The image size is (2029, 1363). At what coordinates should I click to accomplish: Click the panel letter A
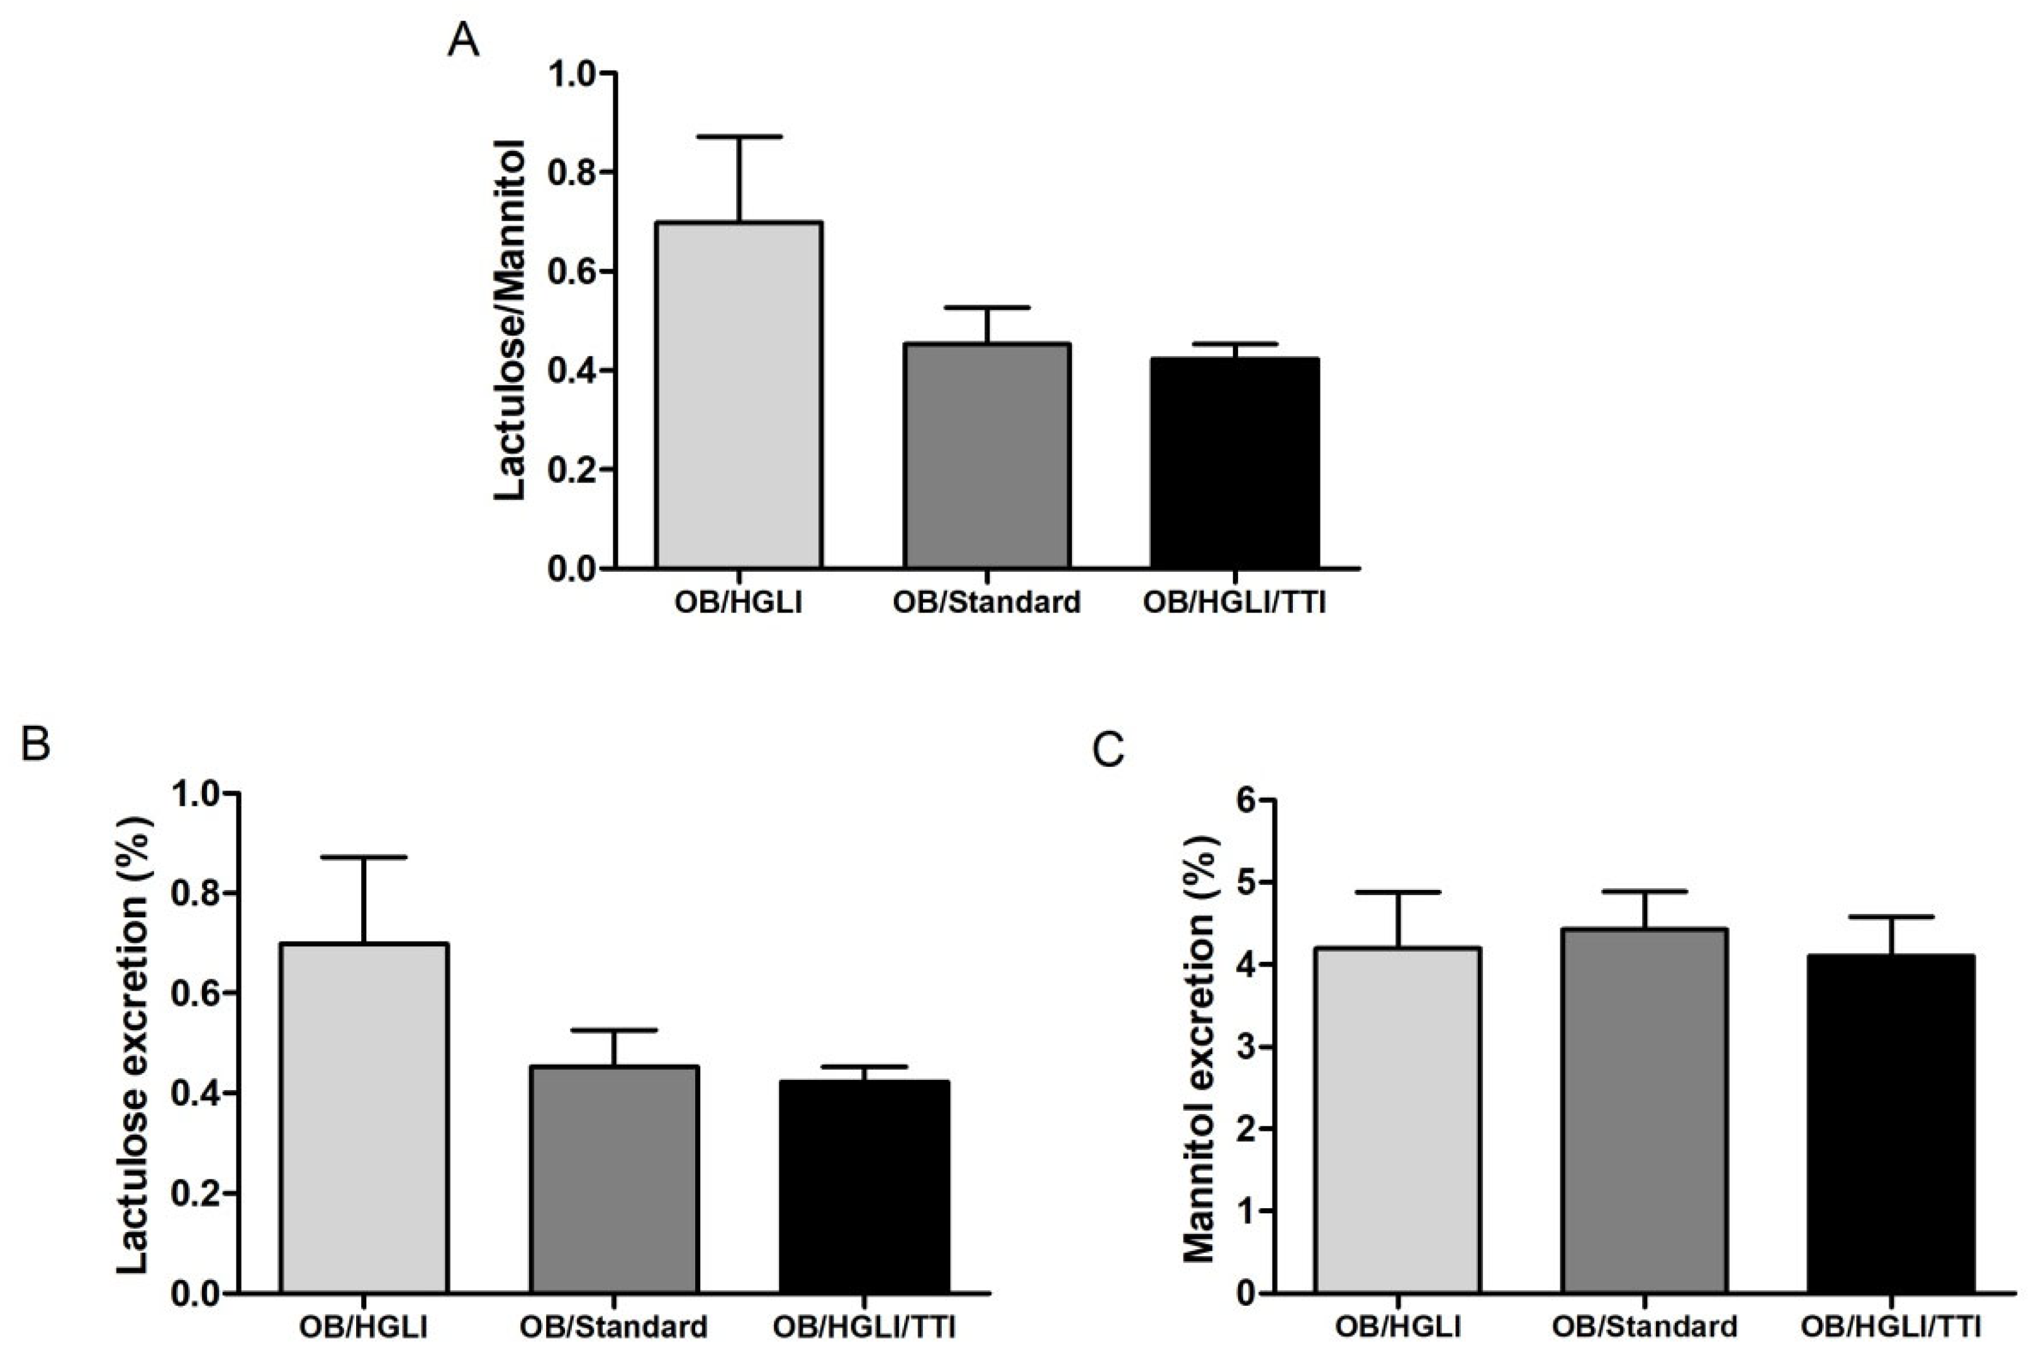pyautogui.click(x=462, y=40)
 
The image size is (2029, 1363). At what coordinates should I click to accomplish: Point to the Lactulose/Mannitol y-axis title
pyautogui.click(x=510, y=320)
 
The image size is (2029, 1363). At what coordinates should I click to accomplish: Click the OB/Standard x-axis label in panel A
pyautogui.click(x=986, y=603)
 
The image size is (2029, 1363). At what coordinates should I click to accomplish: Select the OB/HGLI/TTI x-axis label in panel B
pyautogui.click(x=864, y=1327)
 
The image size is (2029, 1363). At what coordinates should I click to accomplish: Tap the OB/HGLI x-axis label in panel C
pyautogui.click(x=1398, y=1327)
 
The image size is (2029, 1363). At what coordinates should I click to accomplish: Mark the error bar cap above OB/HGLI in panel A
pyautogui.click(x=738, y=136)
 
